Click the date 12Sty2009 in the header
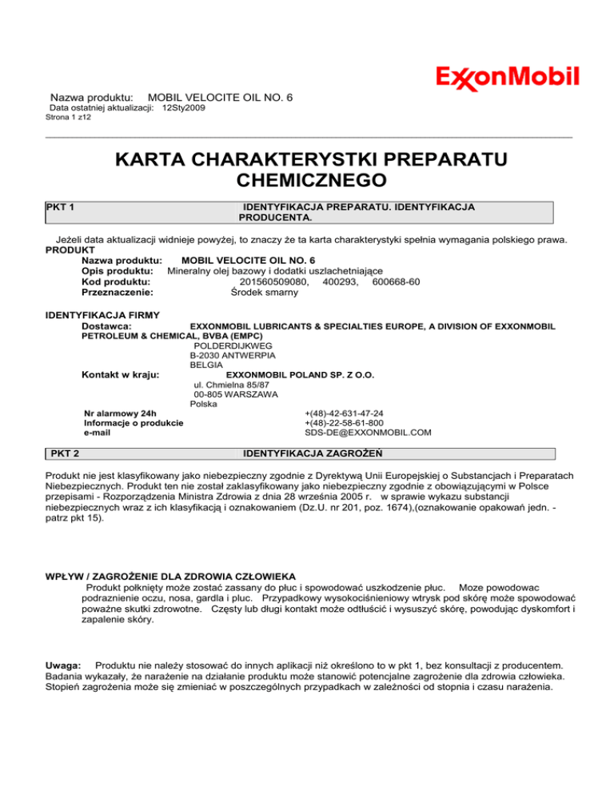(x=183, y=107)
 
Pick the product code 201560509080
(x=274, y=282)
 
